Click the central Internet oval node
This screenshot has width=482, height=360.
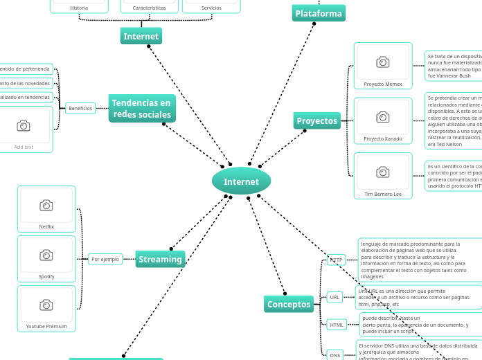point(241,181)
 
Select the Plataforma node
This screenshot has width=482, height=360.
point(319,13)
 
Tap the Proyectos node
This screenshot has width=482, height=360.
point(316,120)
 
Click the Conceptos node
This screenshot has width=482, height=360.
point(289,304)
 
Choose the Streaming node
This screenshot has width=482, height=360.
point(160,259)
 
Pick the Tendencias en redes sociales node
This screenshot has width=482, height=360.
point(142,109)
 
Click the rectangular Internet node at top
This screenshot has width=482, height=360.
point(141,36)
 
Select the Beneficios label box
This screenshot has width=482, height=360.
point(80,108)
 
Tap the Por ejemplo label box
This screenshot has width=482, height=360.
point(105,259)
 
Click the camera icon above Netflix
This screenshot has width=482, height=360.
point(46,205)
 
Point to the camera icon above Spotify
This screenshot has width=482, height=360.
point(46,255)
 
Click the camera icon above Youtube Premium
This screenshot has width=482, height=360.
point(46,305)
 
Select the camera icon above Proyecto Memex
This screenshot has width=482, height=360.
point(383,62)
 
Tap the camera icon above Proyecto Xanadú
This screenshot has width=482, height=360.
point(383,117)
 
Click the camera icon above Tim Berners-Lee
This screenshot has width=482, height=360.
point(383,172)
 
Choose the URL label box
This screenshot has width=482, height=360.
point(334,297)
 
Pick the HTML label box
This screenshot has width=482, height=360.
point(337,324)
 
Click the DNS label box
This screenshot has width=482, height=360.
point(335,354)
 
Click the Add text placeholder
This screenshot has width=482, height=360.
point(24,147)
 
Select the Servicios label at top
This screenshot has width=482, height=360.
point(211,8)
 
